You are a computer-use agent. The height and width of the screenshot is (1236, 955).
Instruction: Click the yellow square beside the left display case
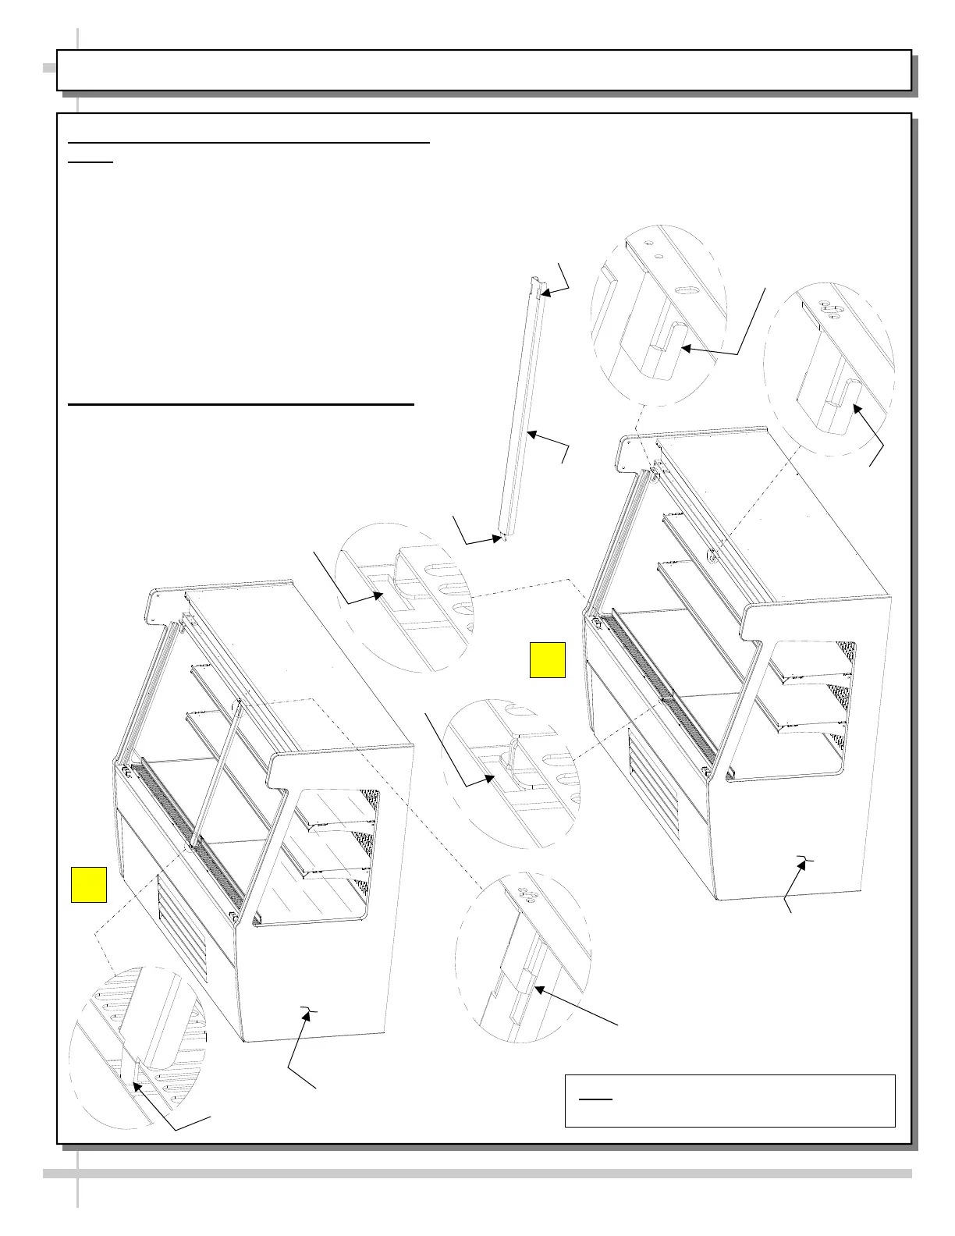click(x=89, y=884)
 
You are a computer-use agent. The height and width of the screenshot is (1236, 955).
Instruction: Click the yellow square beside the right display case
click(x=547, y=660)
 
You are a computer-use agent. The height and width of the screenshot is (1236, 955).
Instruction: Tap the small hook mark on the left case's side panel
click(x=310, y=1011)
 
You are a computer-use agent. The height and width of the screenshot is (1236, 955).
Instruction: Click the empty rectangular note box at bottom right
click(x=730, y=1100)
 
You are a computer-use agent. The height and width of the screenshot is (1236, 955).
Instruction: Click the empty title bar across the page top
click(x=484, y=70)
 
